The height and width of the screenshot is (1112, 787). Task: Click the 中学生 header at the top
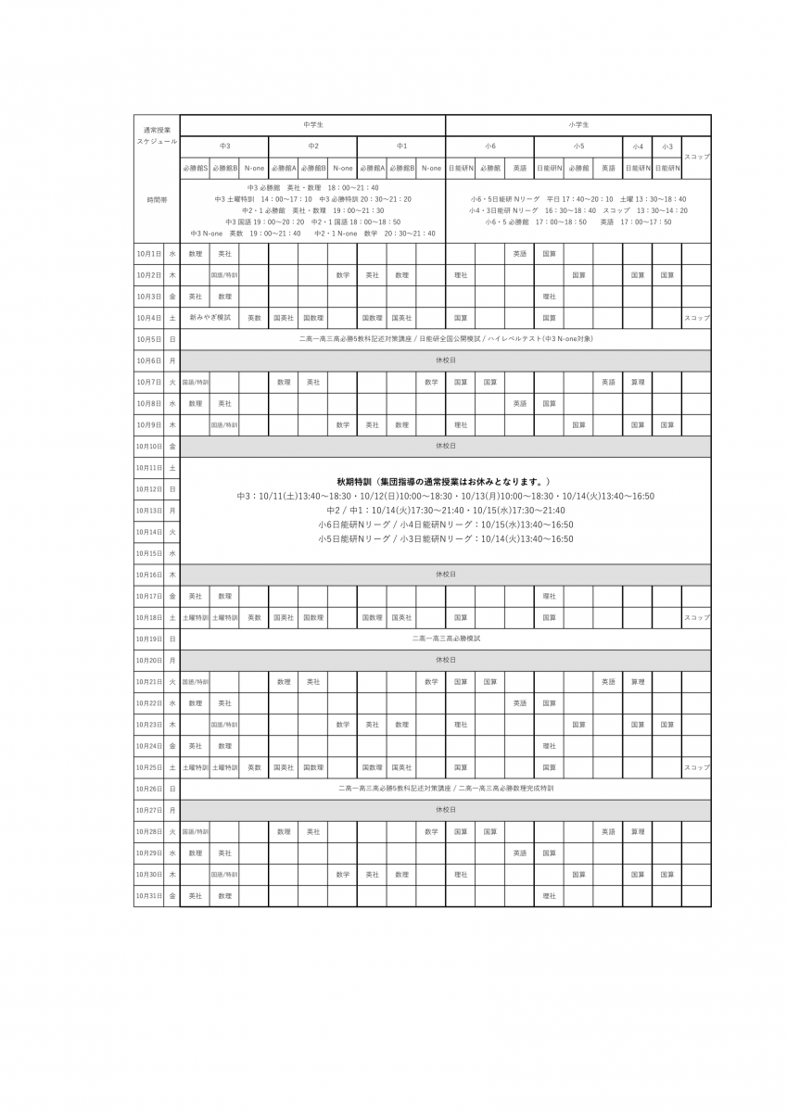[x=312, y=124]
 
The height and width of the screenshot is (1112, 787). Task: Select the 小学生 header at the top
[x=578, y=124]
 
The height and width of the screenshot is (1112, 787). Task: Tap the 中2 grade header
[x=312, y=146]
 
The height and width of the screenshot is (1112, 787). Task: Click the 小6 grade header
[x=489, y=146]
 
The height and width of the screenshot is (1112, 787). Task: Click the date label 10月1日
[x=148, y=253]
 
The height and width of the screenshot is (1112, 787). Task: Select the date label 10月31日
[x=148, y=896]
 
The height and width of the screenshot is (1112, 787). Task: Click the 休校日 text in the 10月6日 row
[x=445, y=360]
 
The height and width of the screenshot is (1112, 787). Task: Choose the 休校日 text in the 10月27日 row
[x=445, y=809]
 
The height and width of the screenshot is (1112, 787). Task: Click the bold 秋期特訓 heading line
[x=445, y=482]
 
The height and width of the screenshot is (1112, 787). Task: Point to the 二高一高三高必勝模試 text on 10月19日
[x=445, y=638]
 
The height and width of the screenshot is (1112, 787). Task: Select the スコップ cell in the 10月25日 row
[x=696, y=767]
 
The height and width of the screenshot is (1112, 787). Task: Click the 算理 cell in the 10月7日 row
[x=638, y=382]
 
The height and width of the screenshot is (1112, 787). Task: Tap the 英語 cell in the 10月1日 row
[x=520, y=253]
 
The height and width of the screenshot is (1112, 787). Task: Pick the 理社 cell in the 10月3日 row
[x=549, y=297]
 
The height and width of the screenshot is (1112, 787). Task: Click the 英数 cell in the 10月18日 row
[x=253, y=617]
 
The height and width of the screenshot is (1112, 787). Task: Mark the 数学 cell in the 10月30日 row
[x=342, y=874]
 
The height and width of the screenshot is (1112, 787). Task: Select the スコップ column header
[x=696, y=157]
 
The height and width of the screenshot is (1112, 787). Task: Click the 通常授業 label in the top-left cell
[x=157, y=130]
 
